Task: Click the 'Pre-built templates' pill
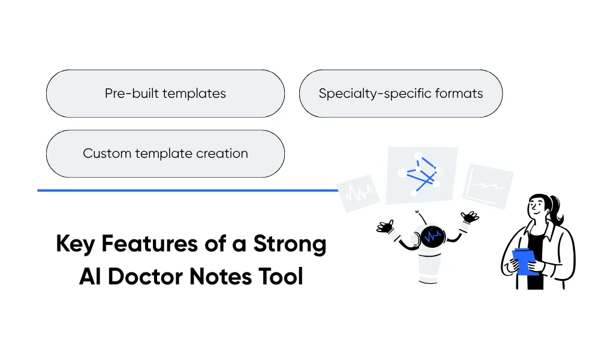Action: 165,94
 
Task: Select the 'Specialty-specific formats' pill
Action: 401,94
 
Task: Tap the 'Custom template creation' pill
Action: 165,154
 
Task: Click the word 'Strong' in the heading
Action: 290,244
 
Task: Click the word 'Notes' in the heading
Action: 227,277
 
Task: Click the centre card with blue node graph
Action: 422,175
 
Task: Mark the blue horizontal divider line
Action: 188,190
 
